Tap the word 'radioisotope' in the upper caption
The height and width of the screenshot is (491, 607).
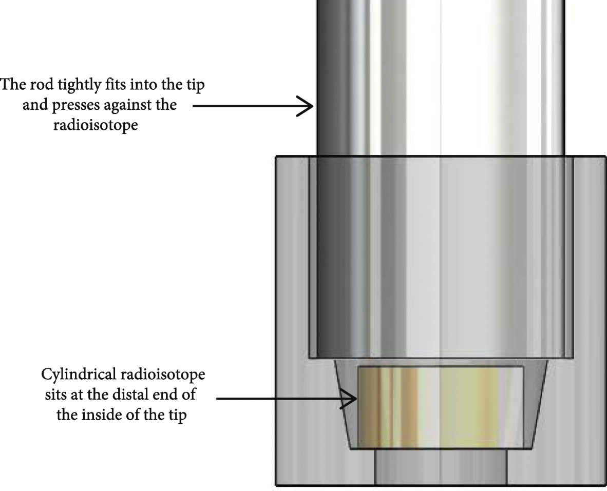pos(95,125)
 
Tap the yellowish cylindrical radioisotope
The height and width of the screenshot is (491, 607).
pos(441,405)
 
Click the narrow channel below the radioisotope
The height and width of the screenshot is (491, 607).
pos(441,467)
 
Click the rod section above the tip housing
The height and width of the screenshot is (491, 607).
pos(441,77)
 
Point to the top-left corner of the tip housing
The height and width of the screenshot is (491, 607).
pos(277,156)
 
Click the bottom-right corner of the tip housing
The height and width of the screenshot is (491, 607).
pos(605,484)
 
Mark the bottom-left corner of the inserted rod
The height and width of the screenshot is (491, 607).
pos(309,357)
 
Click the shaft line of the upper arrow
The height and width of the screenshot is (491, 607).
pos(246,106)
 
